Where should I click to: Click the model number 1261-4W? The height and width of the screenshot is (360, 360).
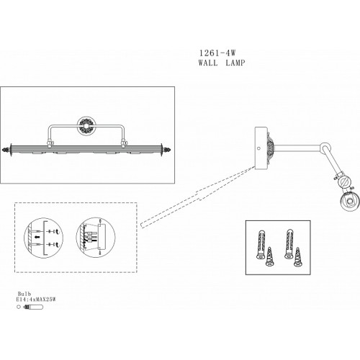(x=217, y=53)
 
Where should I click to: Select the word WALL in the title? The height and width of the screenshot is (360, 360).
(x=208, y=63)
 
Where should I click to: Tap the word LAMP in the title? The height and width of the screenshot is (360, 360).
(x=235, y=63)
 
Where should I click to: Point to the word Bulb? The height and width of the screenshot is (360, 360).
(x=24, y=294)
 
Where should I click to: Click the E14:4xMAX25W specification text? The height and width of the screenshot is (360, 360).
(x=36, y=300)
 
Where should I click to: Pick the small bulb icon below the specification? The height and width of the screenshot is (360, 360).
(x=33, y=307)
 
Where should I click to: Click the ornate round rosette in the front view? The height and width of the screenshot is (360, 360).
(x=86, y=126)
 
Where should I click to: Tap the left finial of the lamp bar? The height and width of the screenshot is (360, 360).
(x=6, y=150)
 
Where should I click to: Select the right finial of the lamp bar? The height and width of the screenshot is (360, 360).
(x=166, y=150)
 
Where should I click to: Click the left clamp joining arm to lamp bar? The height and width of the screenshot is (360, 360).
(x=50, y=143)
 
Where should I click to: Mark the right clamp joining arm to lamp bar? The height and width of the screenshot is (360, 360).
(x=124, y=143)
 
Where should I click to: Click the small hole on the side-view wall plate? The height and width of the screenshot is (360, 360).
(x=258, y=148)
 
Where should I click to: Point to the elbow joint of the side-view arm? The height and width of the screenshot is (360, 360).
(x=325, y=147)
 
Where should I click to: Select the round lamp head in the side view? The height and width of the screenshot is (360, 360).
(x=350, y=202)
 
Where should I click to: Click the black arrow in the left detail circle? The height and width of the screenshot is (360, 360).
(x=36, y=238)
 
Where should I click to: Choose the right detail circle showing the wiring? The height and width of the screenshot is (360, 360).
(x=96, y=238)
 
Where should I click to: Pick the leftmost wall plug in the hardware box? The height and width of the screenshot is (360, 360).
(x=261, y=244)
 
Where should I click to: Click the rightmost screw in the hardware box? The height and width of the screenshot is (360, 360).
(x=298, y=257)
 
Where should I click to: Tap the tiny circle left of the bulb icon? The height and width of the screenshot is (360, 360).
(x=19, y=307)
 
